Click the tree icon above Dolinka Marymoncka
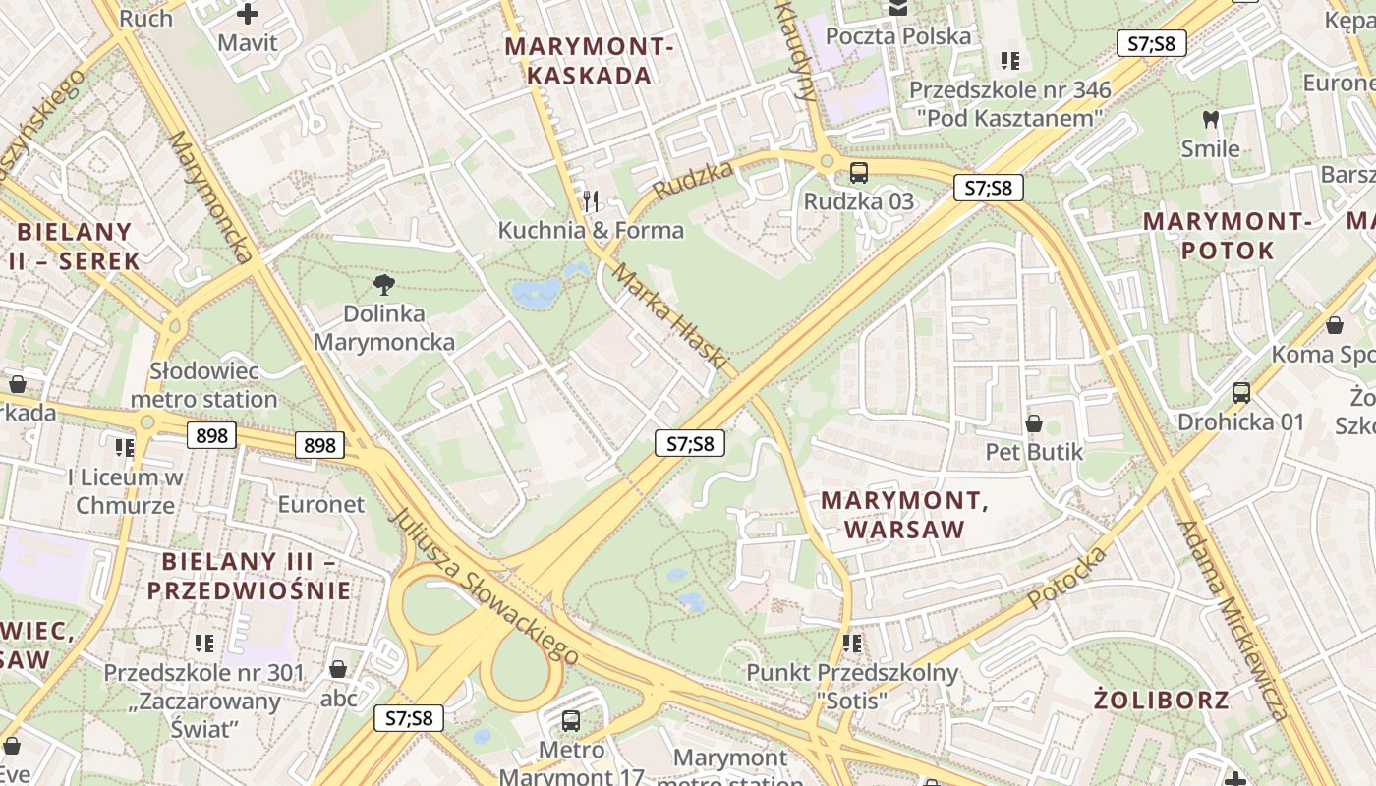pos(384,285)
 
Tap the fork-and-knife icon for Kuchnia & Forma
pos(591,201)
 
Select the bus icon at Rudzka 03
pos(859,173)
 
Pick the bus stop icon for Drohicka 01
pos(1241,393)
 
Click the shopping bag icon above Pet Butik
pos(1034,423)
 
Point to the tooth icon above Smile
pos(1211,120)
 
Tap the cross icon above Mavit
pos(248,14)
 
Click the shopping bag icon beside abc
pos(338,669)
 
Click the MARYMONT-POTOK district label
pos(1228,236)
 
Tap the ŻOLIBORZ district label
pos(1161,700)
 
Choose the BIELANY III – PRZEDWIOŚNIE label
pos(249,576)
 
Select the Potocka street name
pos(1067,577)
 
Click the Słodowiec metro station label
pos(203,385)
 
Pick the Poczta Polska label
pos(898,36)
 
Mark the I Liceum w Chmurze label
pos(126,491)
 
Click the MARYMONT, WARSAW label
pos(904,515)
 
